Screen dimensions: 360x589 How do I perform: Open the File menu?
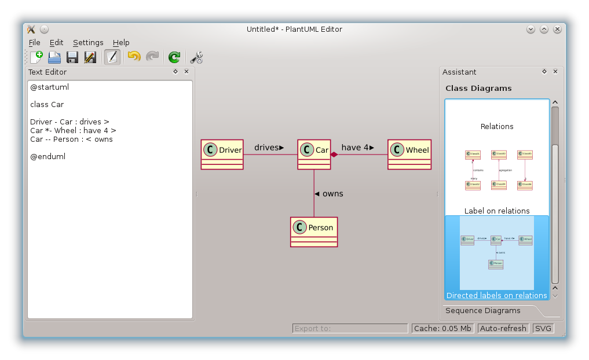point(34,42)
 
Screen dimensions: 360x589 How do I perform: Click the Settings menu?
point(88,42)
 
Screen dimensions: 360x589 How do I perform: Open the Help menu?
point(121,42)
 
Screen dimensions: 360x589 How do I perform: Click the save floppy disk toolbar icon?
point(72,57)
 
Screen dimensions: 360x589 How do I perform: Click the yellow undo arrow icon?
point(134,57)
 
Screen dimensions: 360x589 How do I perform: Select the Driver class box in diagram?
point(222,154)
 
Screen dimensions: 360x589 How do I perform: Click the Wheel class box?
point(409,154)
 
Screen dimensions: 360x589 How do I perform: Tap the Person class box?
point(313,232)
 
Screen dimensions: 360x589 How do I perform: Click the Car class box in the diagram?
point(314,154)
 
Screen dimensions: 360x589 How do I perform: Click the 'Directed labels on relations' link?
point(496,295)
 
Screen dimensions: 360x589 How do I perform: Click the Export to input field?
point(350,328)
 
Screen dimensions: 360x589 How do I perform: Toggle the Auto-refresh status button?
point(503,328)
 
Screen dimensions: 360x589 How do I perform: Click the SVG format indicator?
point(543,328)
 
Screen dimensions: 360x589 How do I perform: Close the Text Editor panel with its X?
point(186,72)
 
